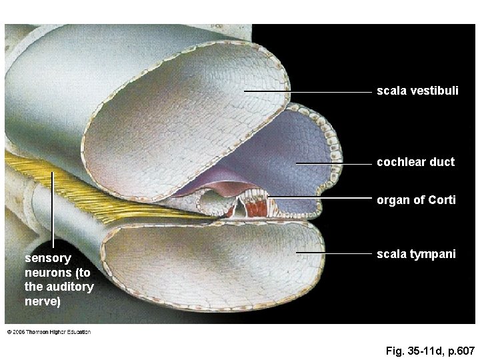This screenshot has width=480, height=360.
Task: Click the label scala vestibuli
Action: tap(417, 90)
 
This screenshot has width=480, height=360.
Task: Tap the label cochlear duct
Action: tap(415, 162)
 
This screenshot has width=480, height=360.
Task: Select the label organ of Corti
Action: tap(416, 199)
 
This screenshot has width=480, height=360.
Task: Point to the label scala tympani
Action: tap(416, 253)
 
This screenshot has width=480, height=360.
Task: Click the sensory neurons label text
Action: tap(59, 280)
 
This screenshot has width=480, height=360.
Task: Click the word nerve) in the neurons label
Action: tap(43, 302)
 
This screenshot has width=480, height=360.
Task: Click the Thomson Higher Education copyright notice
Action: tap(49, 331)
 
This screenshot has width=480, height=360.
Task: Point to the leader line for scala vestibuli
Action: tap(307, 91)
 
